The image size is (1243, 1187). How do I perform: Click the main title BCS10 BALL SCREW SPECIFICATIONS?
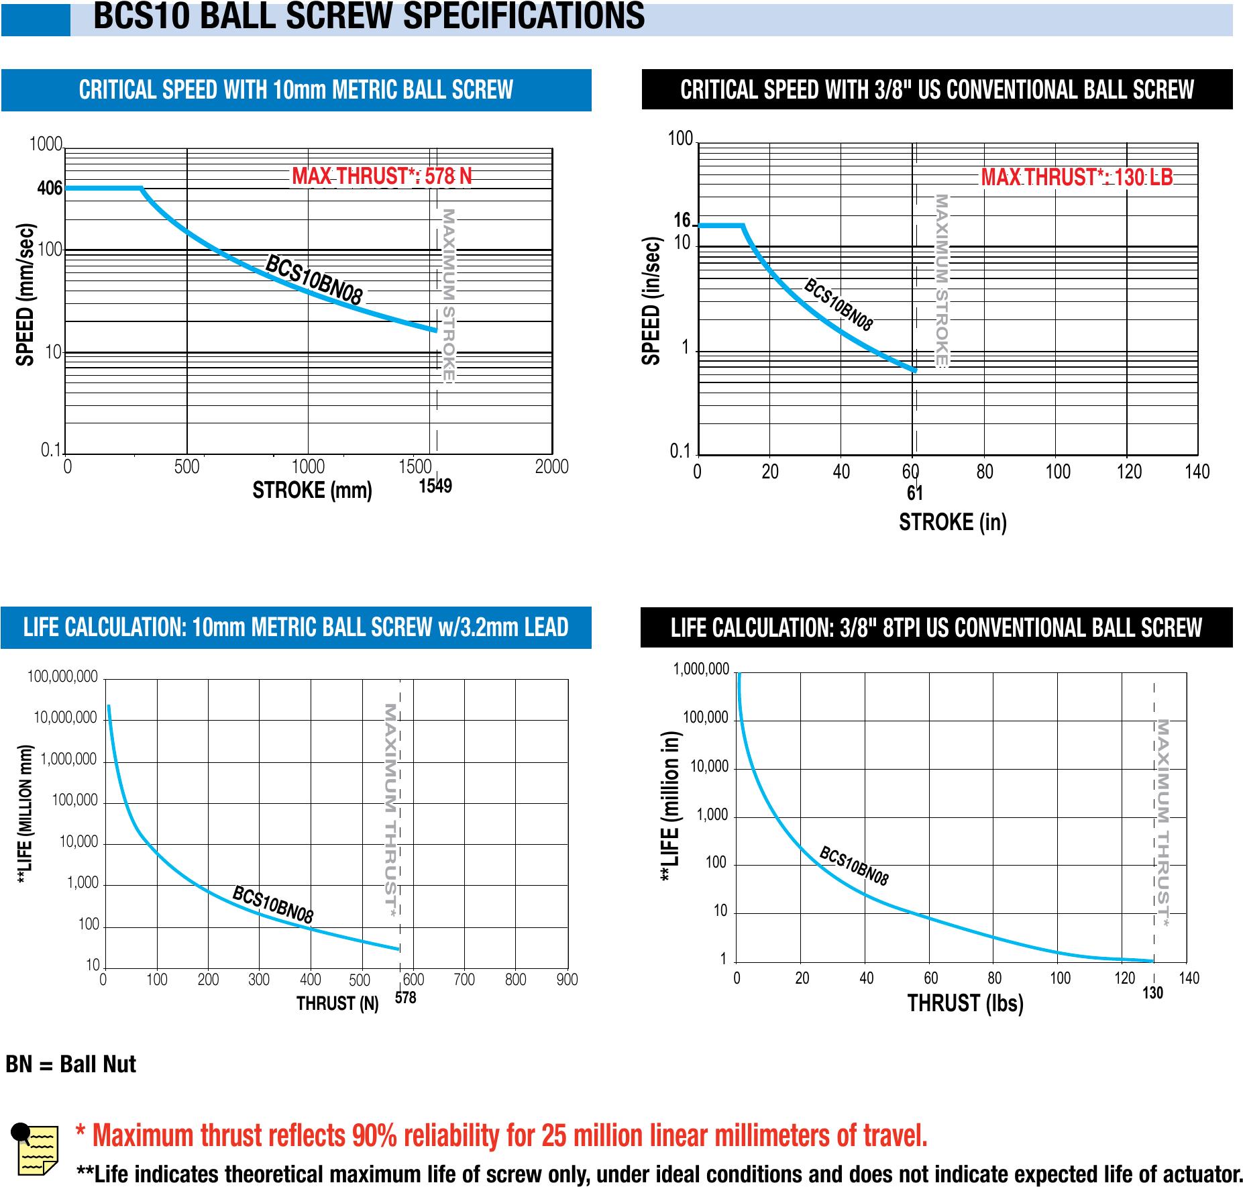[368, 16]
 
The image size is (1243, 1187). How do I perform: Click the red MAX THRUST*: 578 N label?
[382, 176]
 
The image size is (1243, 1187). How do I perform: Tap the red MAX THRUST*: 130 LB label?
[1077, 177]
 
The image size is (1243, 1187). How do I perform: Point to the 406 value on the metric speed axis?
[50, 189]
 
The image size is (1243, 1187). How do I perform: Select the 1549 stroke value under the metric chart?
[435, 486]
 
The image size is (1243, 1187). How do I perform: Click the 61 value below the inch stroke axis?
[915, 493]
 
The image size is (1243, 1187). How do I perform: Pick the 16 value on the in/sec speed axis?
[682, 221]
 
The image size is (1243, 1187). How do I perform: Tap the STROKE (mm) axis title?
[312, 491]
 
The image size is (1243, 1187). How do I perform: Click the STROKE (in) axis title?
[953, 521]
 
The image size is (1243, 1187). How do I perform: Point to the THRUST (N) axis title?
[337, 1003]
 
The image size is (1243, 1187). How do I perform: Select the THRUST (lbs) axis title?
[965, 1003]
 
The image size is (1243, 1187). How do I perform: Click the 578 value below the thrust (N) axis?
[405, 998]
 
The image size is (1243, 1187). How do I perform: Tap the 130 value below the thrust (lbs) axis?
[1152, 993]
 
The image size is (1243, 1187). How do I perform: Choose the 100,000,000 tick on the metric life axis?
[62, 677]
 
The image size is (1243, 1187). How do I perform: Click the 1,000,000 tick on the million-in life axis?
[701, 670]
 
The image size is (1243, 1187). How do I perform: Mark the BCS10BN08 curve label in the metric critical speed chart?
[314, 280]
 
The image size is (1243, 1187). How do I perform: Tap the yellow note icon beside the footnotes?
[35, 1150]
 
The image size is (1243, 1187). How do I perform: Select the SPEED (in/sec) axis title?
[651, 301]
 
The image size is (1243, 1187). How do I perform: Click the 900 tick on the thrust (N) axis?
[567, 980]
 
